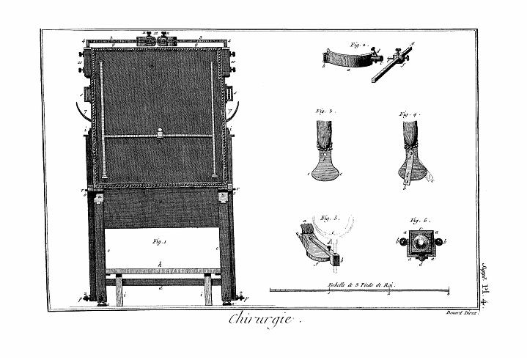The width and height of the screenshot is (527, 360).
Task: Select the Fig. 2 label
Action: click(358, 45)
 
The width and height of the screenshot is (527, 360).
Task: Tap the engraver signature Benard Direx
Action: click(461, 313)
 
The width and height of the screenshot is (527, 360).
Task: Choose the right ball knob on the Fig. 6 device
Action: click(435, 240)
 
